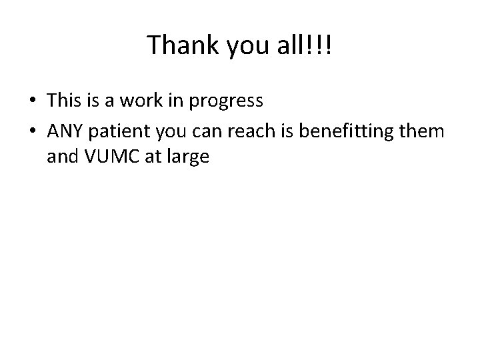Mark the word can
point(203,132)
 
